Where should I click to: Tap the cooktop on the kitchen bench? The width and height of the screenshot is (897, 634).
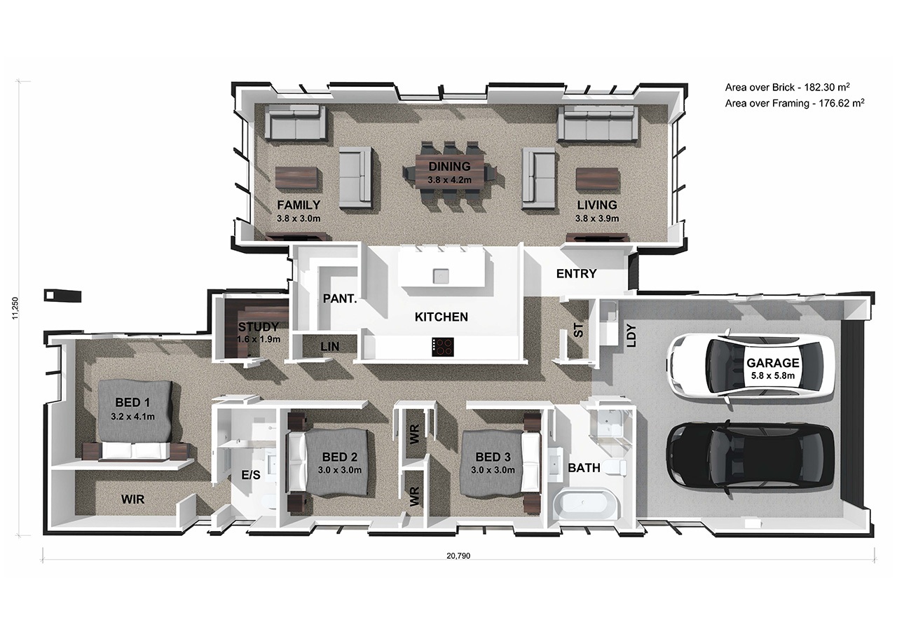tap(442, 347)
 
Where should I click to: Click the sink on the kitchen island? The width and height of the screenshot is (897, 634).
tap(441, 276)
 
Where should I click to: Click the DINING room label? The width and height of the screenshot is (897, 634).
tap(449, 167)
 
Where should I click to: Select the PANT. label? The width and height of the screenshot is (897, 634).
tap(340, 298)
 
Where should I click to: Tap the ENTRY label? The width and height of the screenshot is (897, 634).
tap(576, 274)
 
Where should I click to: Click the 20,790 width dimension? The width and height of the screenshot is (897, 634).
tap(458, 556)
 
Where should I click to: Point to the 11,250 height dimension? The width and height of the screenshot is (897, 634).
tap(15, 308)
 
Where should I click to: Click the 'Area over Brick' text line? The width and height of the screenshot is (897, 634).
tap(787, 88)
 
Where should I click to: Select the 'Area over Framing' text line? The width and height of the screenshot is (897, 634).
tap(795, 103)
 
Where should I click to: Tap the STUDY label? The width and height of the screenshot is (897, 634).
tap(259, 327)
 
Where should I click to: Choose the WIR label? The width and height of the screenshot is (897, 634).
tap(133, 499)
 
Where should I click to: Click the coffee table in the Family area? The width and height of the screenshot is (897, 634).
tap(299, 178)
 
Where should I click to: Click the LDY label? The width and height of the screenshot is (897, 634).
tap(631, 336)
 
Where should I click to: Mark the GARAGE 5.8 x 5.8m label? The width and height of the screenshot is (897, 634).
tap(773, 368)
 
